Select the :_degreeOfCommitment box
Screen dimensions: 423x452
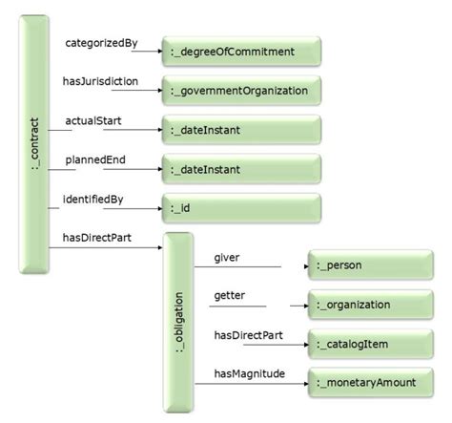(239, 50)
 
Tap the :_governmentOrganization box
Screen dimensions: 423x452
(239, 91)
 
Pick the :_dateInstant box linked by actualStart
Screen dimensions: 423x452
(239, 130)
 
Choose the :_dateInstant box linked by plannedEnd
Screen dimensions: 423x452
(239, 169)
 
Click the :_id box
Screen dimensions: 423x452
(239, 208)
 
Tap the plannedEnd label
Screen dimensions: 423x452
(92, 160)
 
